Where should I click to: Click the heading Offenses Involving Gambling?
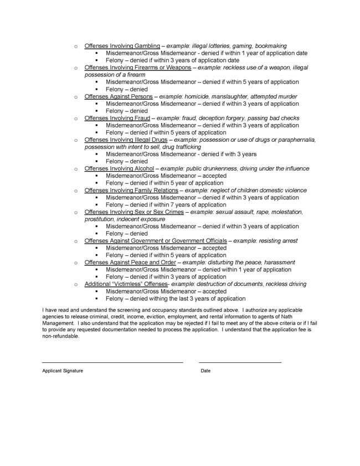(122, 45)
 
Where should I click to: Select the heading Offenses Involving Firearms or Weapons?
(137, 67)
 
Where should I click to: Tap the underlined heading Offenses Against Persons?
(118, 96)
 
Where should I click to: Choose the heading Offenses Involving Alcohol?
(119, 168)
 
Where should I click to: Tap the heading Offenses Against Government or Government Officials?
(155, 240)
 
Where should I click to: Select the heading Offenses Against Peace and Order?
(130, 262)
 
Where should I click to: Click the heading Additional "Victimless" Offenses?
(126, 284)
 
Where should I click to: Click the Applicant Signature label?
(63, 371)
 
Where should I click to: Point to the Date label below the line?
(205, 371)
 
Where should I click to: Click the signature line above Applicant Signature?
(112, 362)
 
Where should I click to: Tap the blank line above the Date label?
(240, 362)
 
